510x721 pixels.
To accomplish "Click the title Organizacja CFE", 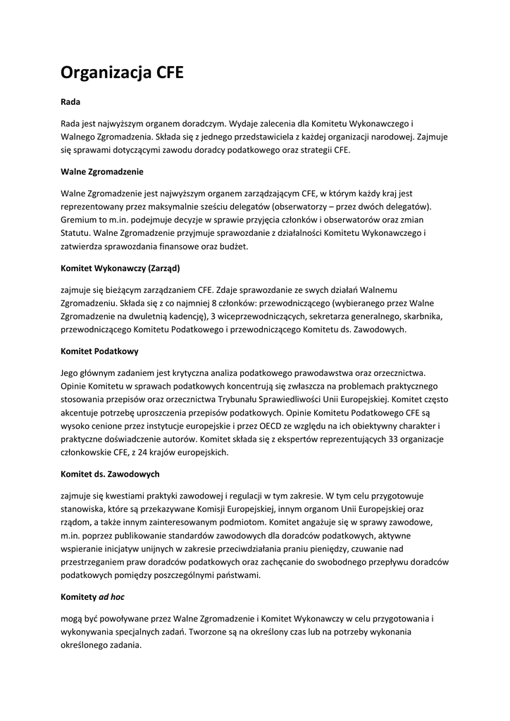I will point(122,72).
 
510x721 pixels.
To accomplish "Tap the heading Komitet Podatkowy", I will point(99,350).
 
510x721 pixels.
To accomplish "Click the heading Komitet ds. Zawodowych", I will point(110,474).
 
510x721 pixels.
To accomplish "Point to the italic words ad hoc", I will point(111,596).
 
